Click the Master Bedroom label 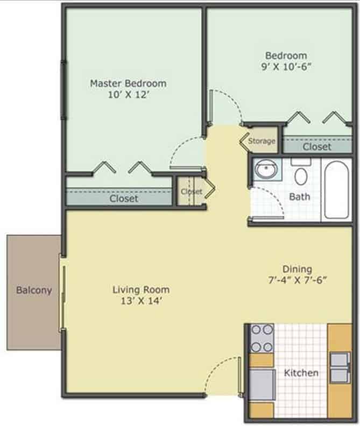tap(128, 83)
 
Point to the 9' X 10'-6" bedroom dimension tap(286, 67)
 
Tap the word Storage tap(262, 141)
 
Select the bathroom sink tap(266, 169)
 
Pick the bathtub tap(337, 190)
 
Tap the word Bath tap(299, 196)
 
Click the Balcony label tap(34, 290)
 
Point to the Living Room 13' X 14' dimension tap(141, 301)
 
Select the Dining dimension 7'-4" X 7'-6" tap(297, 280)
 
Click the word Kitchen tap(301, 373)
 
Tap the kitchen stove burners tap(262, 338)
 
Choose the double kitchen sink tap(340, 367)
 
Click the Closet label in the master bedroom tap(124, 198)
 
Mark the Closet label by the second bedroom tap(317, 147)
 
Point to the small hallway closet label tap(192, 191)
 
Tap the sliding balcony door tap(63, 293)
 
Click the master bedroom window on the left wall tap(63, 90)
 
